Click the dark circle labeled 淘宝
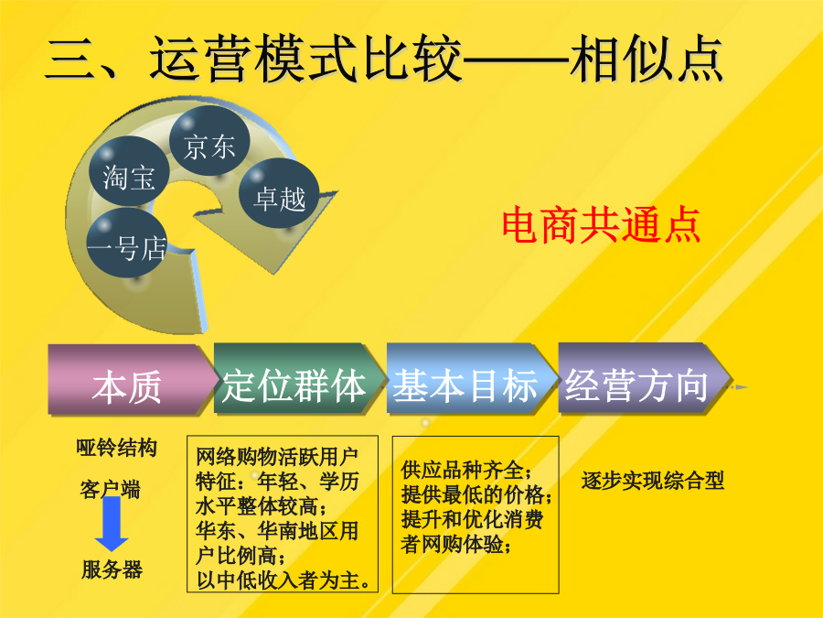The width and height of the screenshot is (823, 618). (129, 171)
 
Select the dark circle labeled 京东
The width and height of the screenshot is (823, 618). (209, 141)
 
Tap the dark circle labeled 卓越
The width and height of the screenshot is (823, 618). (279, 193)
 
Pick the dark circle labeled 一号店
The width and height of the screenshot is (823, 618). (127, 243)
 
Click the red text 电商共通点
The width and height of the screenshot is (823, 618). (602, 225)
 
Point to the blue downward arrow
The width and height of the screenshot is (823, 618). (112, 524)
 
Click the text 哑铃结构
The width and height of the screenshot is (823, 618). (116, 448)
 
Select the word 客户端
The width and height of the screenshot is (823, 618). (111, 489)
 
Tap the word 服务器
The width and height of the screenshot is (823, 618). (112, 569)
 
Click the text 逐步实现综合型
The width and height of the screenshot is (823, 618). (653, 481)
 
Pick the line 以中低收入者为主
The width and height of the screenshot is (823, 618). (283, 580)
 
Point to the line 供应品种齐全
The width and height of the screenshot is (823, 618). (466, 470)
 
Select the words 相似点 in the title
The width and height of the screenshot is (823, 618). (647, 58)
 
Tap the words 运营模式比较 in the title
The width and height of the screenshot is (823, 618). (305, 58)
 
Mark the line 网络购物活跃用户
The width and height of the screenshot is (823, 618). (276, 457)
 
